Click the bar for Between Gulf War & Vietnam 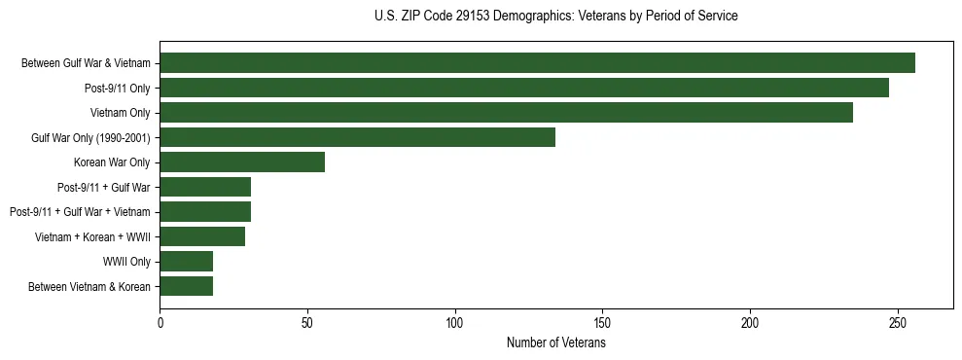coord(537,63)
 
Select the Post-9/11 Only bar coord(524,88)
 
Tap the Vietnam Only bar coord(506,113)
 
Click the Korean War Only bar coord(242,162)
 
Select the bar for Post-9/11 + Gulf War coord(205,187)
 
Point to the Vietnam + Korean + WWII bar coord(202,236)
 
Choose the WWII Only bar coord(186,261)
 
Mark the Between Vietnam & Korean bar coord(186,286)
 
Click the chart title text coord(555,17)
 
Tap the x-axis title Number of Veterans coord(555,343)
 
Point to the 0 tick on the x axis coord(160,322)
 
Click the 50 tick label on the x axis coord(307,322)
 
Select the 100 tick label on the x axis coord(454,322)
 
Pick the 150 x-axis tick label coord(602,322)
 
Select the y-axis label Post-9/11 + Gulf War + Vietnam coord(80,212)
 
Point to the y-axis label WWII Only coord(126,262)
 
